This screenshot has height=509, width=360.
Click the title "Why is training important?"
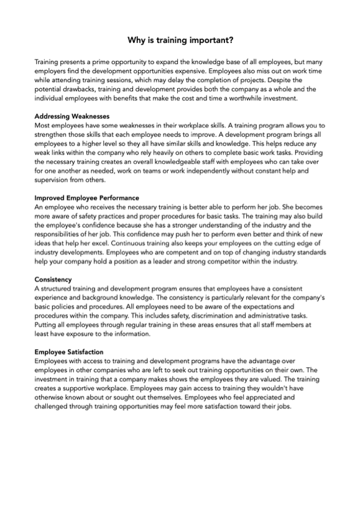tap(180, 40)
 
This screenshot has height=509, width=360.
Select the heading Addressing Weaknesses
tap(72, 116)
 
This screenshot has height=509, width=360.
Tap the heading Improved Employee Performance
tap(86, 198)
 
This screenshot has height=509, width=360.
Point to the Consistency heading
tap(53, 280)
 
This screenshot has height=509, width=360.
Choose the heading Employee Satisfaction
tap(69, 352)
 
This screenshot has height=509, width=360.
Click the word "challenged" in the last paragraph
tap(55, 406)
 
